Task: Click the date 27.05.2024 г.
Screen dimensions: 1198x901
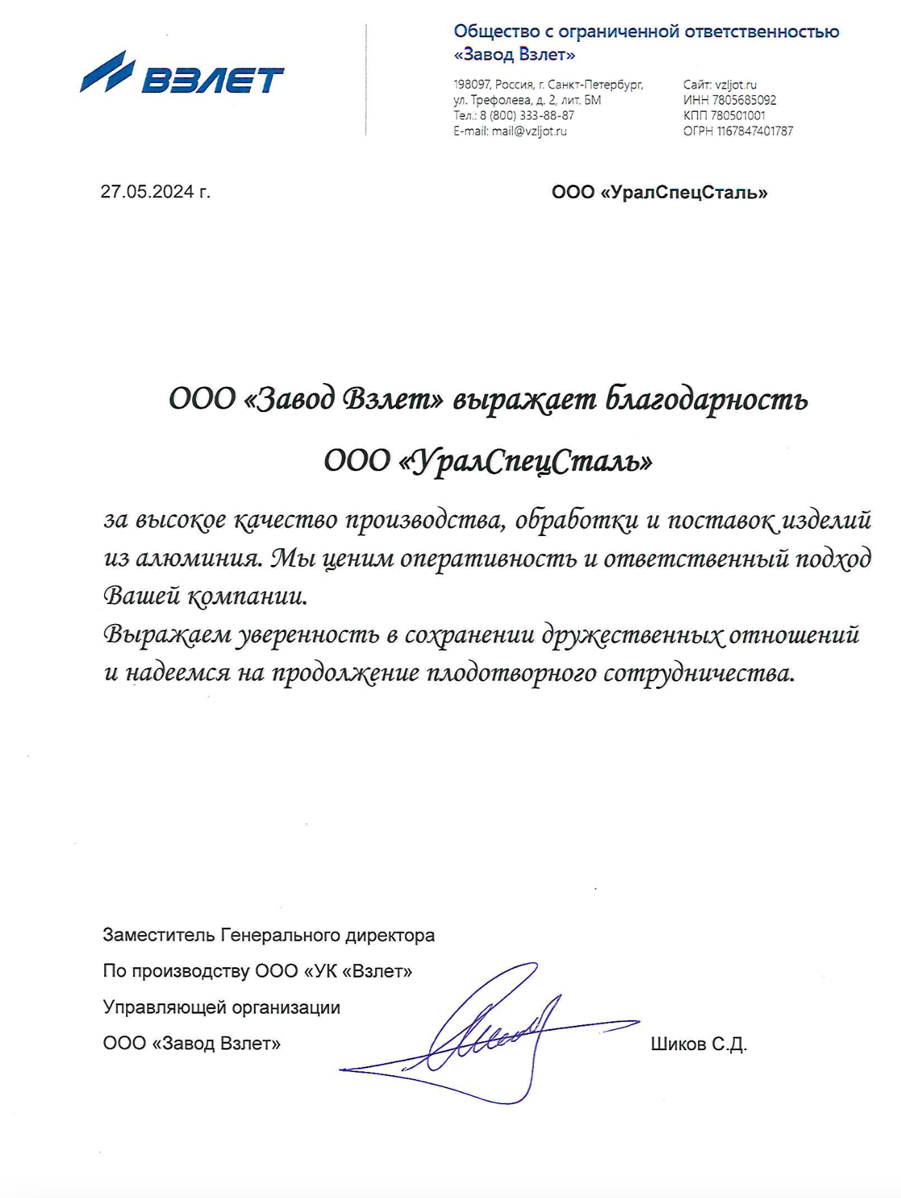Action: coord(155,192)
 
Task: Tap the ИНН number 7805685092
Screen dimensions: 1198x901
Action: coord(744,100)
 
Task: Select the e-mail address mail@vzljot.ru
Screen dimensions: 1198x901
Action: coord(529,131)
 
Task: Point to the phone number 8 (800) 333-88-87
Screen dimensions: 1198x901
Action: coord(527,116)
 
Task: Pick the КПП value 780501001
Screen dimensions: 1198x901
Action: coord(737,116)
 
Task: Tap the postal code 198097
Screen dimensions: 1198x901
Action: coord(472,85)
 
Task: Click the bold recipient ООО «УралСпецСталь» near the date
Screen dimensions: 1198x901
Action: coord(659,192)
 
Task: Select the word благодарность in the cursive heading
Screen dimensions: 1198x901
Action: coord(706,400)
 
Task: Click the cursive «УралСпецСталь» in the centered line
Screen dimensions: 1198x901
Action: coord(526,461)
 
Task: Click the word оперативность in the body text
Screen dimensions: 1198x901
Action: coord(488,559)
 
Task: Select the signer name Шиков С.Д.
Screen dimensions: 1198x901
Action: coord(699,1044)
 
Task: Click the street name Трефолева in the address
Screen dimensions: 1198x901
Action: coord(501,100)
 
